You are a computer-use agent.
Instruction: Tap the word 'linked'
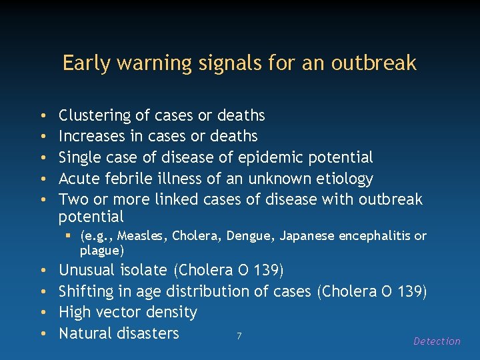click(175, 199)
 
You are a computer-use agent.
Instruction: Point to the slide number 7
click(239, 335)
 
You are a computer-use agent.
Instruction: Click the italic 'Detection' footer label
click(437, 341)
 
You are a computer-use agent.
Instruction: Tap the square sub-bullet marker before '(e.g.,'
click(69, 236)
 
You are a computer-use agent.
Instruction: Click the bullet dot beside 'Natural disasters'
click(43, 333)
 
